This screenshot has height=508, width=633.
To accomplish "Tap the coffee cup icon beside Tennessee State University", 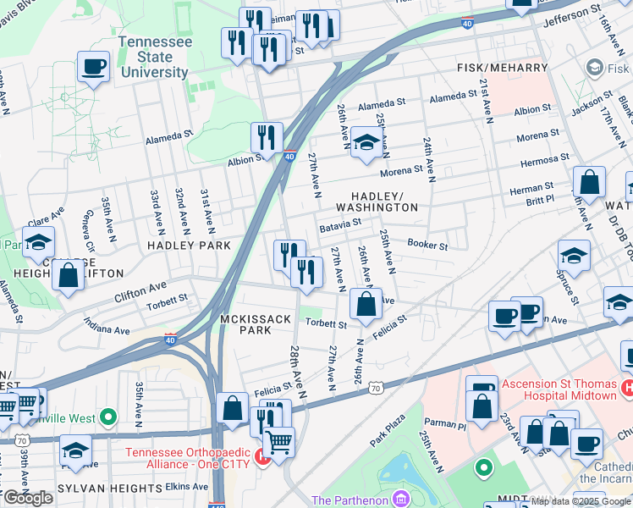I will [x=93, y=65].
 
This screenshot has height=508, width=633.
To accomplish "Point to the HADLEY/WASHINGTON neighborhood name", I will [x=377, y=201].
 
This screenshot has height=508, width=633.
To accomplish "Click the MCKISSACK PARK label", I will [x=256, y=324].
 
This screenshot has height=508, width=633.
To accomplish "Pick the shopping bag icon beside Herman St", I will [x=589, y=182].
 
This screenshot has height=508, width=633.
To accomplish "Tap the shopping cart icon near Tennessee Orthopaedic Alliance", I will [x=278, y=441].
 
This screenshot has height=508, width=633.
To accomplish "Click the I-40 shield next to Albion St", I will [x=289, y=157].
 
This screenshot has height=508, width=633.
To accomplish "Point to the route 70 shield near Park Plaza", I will [x=375, y=387].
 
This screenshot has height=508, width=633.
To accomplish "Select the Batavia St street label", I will [x=340, y=225].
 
